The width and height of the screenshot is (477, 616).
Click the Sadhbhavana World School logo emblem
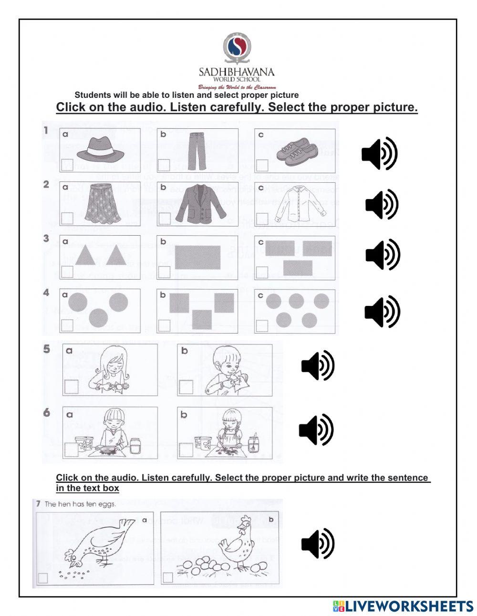237,48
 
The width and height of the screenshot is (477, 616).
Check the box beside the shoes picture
262,165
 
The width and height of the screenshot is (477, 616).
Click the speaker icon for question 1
379,154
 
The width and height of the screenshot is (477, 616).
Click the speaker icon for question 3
383,255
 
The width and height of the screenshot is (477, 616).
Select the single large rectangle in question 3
197,258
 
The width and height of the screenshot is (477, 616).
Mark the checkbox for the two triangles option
67,271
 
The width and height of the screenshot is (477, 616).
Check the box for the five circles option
262,325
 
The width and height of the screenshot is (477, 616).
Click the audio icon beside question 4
382,312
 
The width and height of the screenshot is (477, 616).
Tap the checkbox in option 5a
71,386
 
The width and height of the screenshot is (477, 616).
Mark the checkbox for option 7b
167,577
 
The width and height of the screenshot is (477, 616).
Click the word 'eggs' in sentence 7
108,504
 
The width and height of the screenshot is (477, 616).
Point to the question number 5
47,349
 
